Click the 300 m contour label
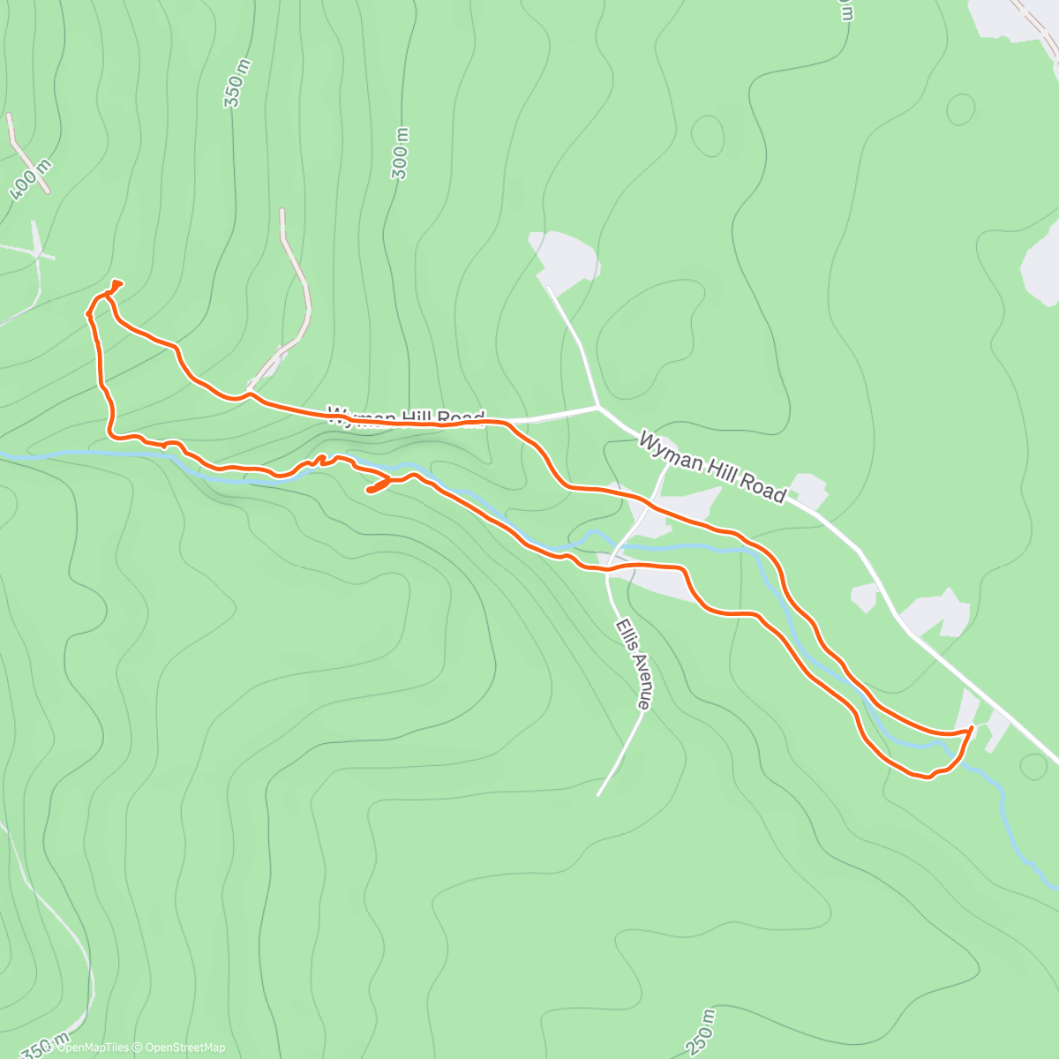click(401, 153)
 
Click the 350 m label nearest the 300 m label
click(235, 84)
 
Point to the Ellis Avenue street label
click(635, 664)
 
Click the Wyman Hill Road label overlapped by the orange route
click(407, 418)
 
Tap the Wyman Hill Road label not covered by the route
click(711, 467)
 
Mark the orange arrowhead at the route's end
click(116, 284)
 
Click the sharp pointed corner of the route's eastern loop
click(972, 728)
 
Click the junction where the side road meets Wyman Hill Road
click(598, 408)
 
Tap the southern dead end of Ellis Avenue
click(598, 794)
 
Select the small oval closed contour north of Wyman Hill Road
click(707, 136)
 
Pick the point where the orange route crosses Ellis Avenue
click(607, 569)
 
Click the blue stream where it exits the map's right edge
click(1054, 886)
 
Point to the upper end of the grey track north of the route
click(282, 212)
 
